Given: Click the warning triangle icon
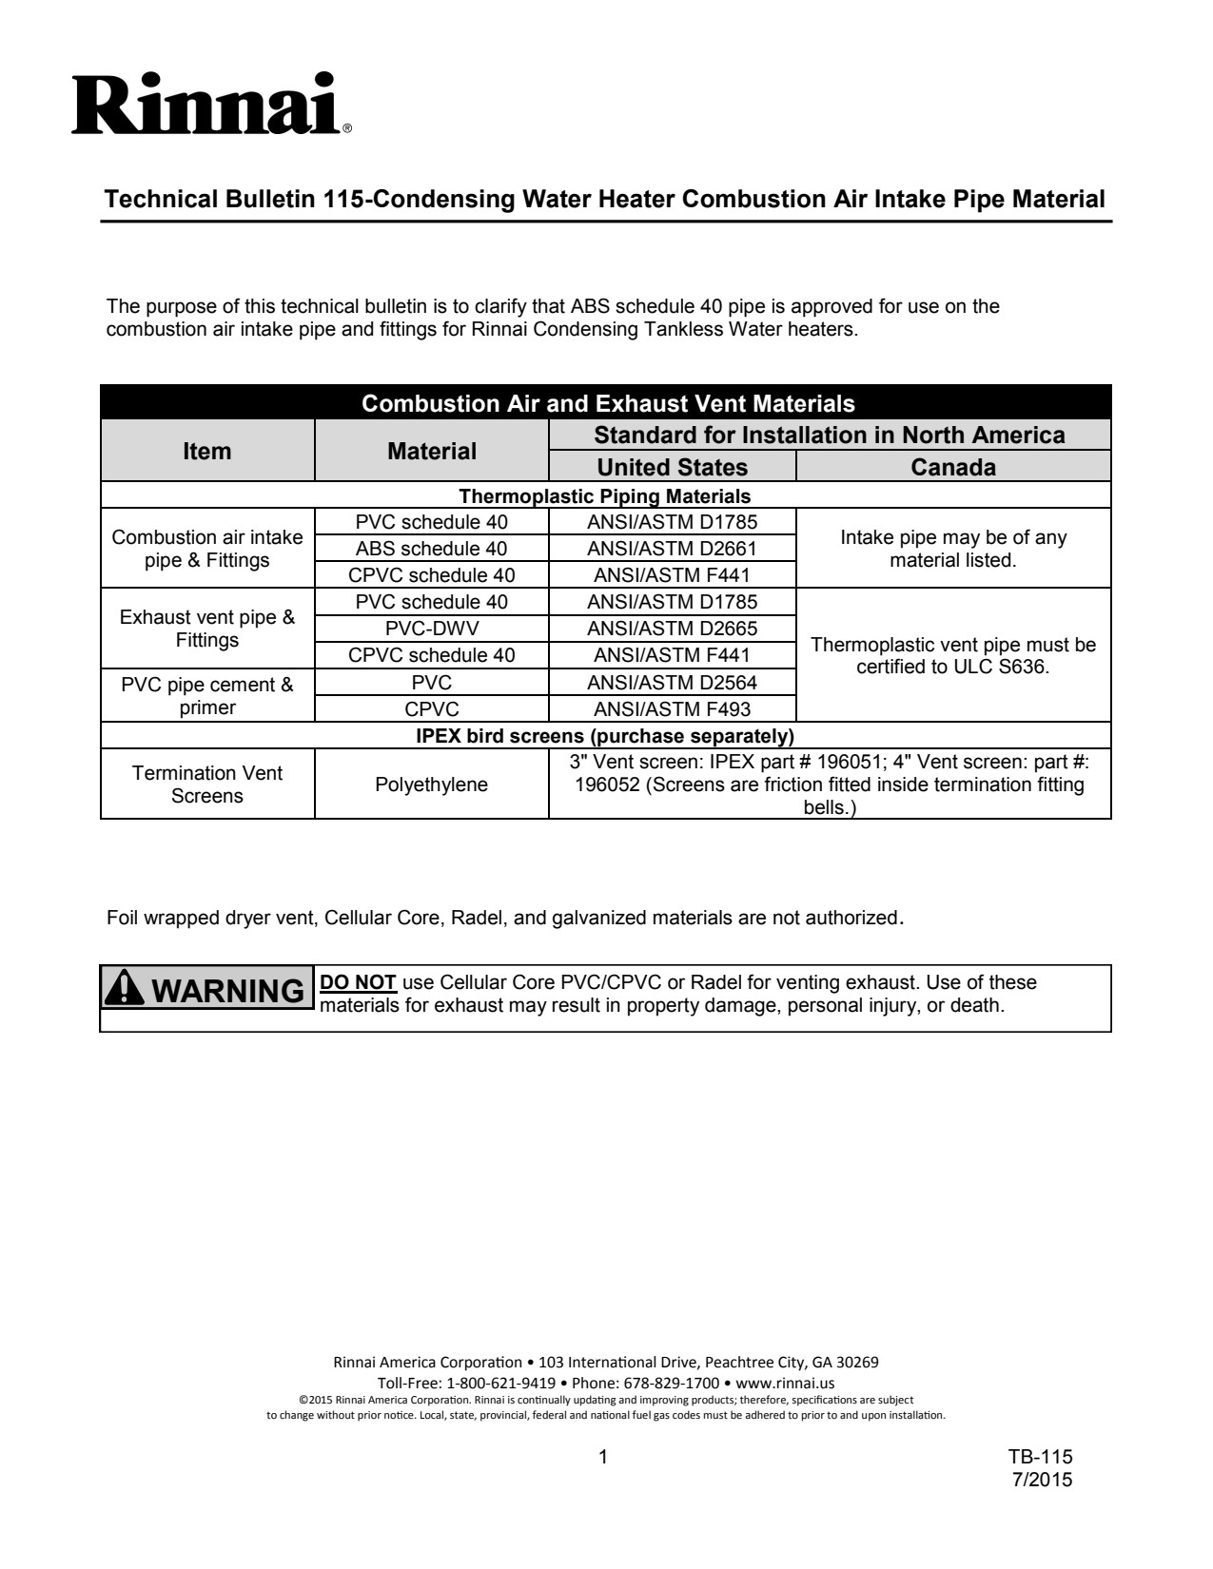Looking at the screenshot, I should [124, 989].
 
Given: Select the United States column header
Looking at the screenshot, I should [672, 467].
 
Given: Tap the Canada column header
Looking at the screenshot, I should [953, 467].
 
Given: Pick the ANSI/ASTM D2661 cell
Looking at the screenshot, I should [672, 549].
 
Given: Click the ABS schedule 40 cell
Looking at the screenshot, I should [431, 549].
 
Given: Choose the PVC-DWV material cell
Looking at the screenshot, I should [431, 629].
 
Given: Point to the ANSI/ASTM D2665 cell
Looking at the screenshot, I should [672, 629].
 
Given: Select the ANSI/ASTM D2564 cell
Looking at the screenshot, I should [672, 683].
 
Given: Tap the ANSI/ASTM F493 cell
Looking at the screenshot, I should [672, 709].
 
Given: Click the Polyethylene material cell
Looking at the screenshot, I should [431, 784].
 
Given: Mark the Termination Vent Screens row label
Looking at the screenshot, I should [207, 784].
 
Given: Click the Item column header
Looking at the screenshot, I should [207, 451].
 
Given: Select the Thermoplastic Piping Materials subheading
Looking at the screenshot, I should [605, 496].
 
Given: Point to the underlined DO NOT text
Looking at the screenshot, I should [359, 982].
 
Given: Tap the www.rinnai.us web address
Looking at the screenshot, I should [785, 1383].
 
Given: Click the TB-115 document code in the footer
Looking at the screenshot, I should [1041, 1457].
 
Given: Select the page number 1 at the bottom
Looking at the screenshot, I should [603, 1457].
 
